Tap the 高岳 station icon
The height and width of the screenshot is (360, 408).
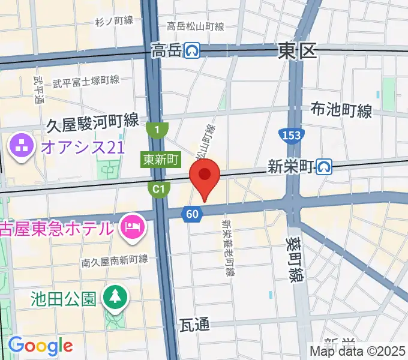tap(192, 51)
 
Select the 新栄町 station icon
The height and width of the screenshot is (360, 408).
tap(325, 166)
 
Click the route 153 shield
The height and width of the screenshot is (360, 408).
tap(290, 136)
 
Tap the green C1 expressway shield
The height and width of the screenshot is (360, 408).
tap(157, 190)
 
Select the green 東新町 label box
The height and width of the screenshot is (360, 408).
tap(161, 160)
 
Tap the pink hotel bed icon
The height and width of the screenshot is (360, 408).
tap(130, 226)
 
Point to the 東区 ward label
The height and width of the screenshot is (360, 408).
tap(297, 52)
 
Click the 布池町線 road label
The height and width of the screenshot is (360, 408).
tap(341, 110)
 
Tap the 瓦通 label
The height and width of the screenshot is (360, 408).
tap(194, 325)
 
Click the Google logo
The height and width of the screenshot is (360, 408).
tap(40, 346)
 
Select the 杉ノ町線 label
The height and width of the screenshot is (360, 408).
tap(114, 21)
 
